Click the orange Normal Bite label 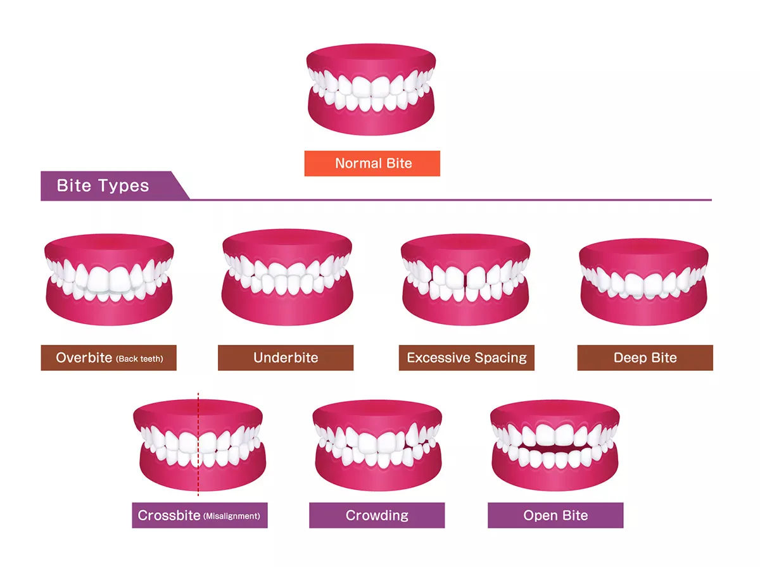(x=372, y=163)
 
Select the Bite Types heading (x=103, y=186)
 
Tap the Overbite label (x=108, y=358)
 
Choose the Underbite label (x=286, y=358)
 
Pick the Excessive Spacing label (x=467, y=358)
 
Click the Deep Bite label (x=645, y=358)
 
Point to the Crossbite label (x=199, y=515)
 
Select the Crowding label (x=377, y=515)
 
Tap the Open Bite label (x=555, y=515)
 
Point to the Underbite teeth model (x=286, y=278)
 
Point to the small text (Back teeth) (x=139, y=359)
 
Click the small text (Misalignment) (x=231, y=516)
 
